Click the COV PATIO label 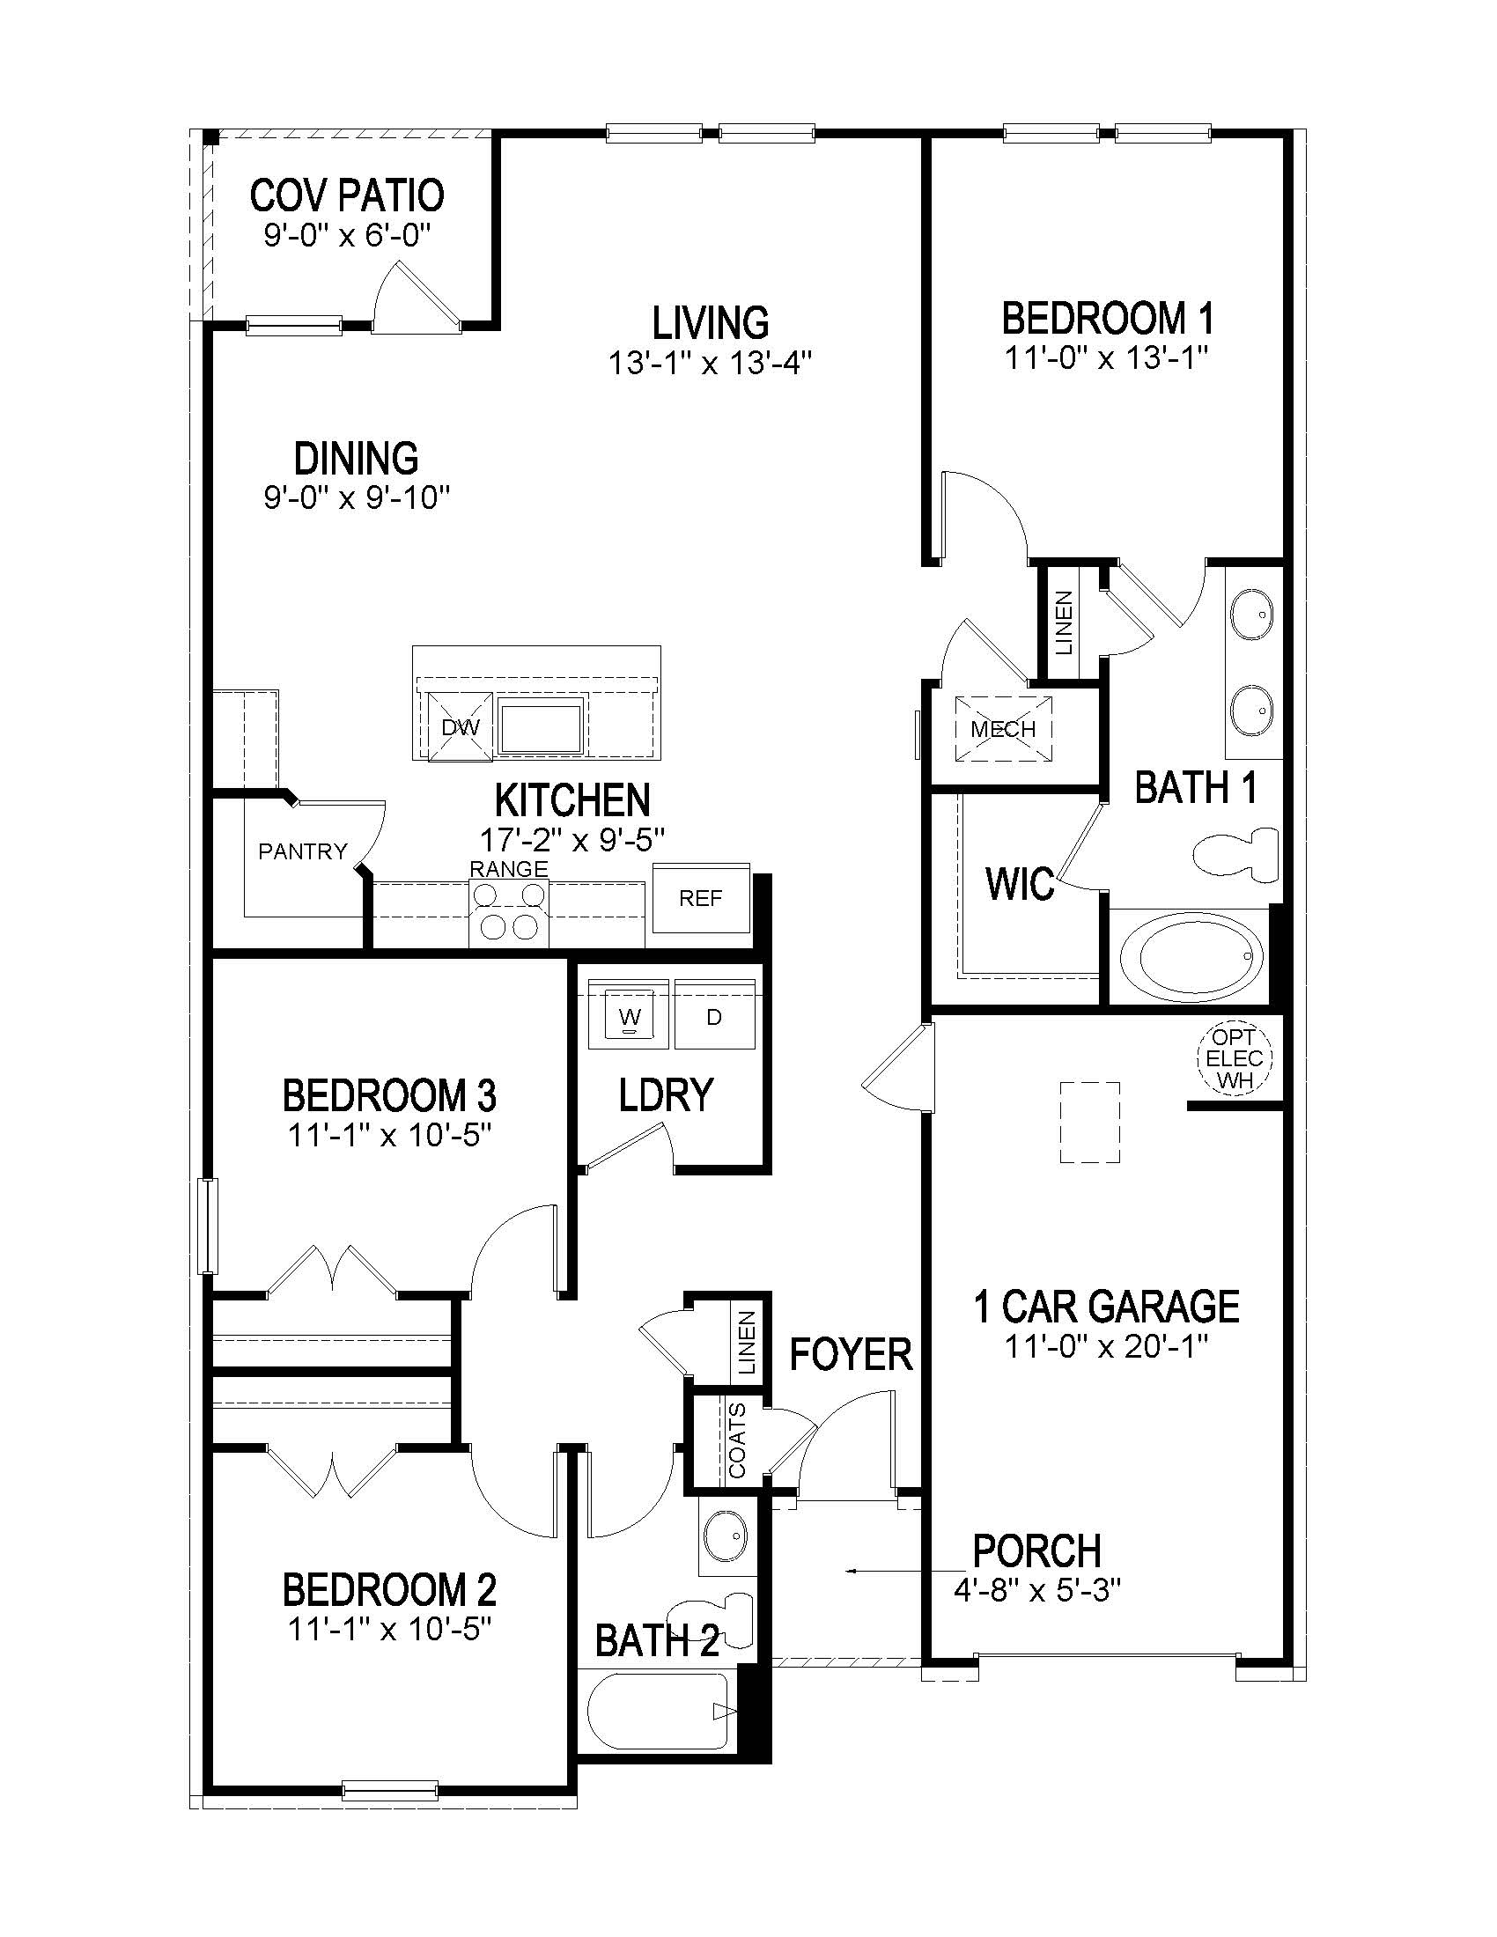[x=347, y=195]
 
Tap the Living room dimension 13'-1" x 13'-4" [x=710, y=363]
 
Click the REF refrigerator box [x=701, y=898]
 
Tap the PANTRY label [x=302, y=851]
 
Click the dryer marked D [x=714, y=1017]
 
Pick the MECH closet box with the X [x=1003, y=729]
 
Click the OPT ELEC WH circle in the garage [x=1235, y=1058]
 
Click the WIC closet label [x=1020, y=883]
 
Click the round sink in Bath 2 [x=726, y=1535]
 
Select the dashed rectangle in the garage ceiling [x=1089, y=1122]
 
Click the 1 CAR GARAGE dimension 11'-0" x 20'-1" [x=1106, y=1346]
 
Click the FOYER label [x=851, y=1354]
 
